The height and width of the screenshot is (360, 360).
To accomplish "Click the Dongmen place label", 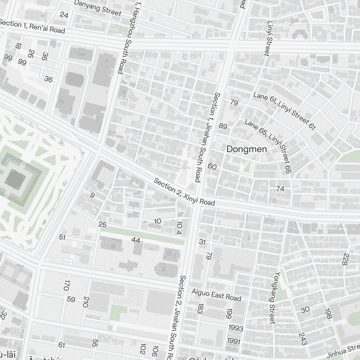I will [x=247, y=149].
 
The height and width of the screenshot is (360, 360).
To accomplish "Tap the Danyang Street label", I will [x=97, y=8].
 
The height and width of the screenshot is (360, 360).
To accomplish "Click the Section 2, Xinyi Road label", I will [x=184, y=192].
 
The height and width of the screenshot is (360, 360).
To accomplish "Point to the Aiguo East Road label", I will [x=216, y=294].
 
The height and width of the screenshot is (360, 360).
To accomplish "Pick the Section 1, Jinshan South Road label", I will [x=208, y=137].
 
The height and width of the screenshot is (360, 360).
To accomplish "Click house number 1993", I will [x=235, y=328].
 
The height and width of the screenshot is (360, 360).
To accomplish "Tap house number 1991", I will [x=233, y=341].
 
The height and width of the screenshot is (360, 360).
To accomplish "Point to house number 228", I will [x=346, y=259].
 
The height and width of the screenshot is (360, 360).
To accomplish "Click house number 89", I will [x=223, y=126].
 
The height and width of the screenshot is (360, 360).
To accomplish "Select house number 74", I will [x=280, y=188].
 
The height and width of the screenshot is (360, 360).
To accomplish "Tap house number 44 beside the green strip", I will [x=136, y=240].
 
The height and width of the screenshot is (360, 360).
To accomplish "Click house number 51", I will [x=62, y=237].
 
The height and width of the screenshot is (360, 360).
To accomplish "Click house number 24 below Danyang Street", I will [x=64, y=15].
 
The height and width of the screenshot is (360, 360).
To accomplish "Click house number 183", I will [x=201, y=308].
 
